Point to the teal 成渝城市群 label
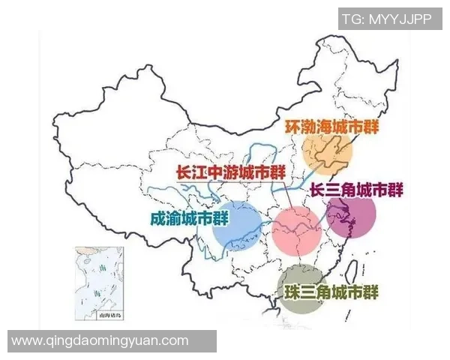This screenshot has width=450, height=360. [189, 219]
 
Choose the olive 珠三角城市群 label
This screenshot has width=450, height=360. [330, 291]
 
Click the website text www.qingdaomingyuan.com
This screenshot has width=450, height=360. [100, 340]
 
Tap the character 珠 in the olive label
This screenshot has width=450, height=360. [289, 291]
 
